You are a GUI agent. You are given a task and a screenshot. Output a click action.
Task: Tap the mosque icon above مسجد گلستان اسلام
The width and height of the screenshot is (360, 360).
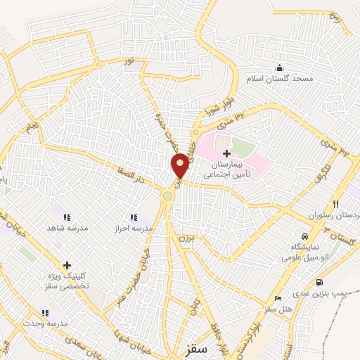pos(280,67)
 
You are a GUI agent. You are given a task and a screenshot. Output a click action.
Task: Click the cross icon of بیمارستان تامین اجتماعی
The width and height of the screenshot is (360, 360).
pos(226,153)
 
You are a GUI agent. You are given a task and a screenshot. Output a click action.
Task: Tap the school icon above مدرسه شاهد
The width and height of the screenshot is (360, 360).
pos(67,217)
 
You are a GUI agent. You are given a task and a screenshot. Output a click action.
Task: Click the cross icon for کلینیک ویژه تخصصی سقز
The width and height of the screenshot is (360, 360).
pos(67,265)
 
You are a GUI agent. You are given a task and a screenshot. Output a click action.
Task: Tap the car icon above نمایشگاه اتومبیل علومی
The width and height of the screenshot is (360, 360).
pos(304,236)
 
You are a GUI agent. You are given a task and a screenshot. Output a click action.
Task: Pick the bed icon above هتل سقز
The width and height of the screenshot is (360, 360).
pos(278,299)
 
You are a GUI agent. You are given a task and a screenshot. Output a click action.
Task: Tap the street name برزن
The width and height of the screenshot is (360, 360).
pos(182,237)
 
